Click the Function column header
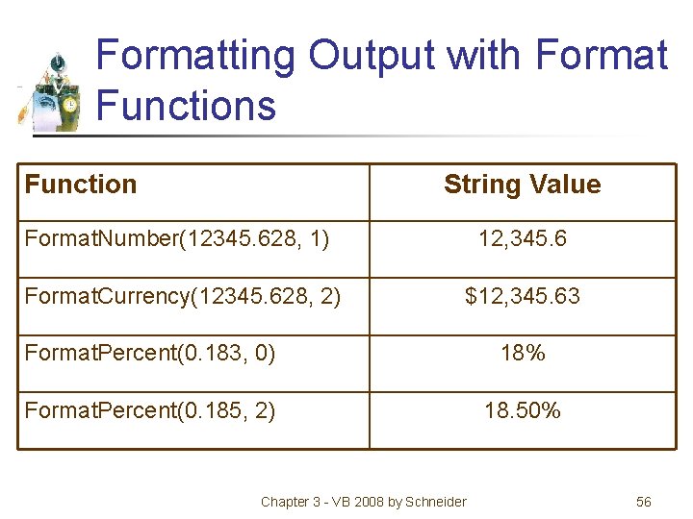click(81, 185)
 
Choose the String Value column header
click(522, 185)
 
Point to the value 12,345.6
click(523, 238)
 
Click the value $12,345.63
click(523, 296)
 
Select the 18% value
click(523, 353)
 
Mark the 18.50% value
click(523, 410)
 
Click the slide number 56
click(644, 502)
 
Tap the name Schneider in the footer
click(435, 502)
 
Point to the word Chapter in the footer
click(285, 502)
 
